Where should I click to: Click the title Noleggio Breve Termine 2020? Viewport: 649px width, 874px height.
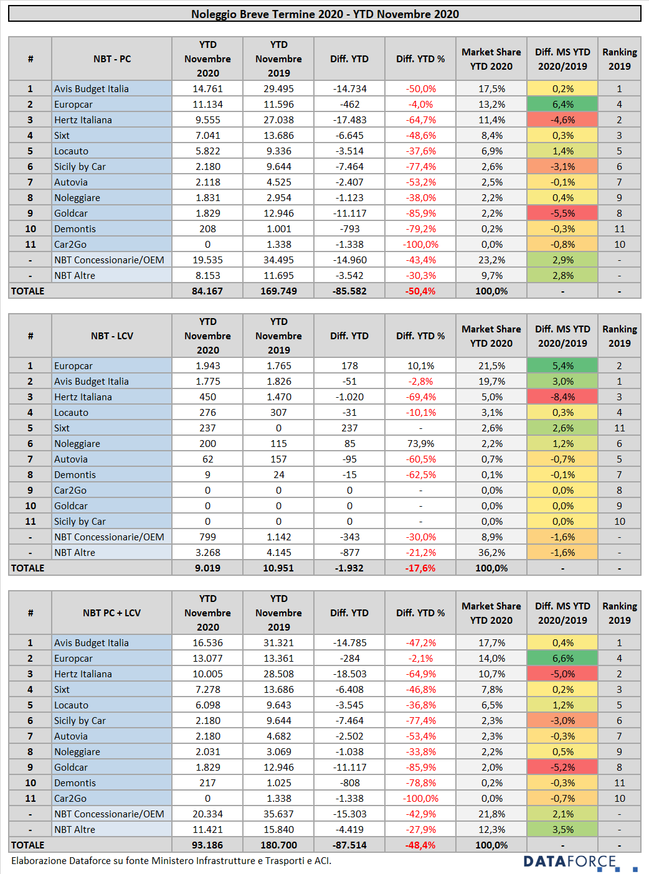(x=267, y=14)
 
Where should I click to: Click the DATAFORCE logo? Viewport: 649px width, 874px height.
(x=580, y=862)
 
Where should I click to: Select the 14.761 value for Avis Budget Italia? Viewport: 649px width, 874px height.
(x=207, y=88)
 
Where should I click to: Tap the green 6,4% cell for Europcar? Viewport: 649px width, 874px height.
(x=562, y=105)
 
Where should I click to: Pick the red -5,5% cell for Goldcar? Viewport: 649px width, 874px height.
(x=562, y=213)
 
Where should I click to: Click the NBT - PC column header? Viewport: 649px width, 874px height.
(x=112, y=59)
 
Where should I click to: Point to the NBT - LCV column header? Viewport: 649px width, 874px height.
(x=112, y=336)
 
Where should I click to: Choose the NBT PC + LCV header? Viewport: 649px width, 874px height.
(x=112, y=613)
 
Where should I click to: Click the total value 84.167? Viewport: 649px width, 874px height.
(x=207, y=291)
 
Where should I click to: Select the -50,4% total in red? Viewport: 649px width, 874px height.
(x=420, y=291)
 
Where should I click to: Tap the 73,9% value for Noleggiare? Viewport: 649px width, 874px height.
(x=420, y=444)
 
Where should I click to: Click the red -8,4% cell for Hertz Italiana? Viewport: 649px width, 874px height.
(x=562, y=397)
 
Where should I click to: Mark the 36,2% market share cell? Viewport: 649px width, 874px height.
(x=491, y=552)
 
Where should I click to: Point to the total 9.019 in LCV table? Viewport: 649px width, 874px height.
(x=207, y=568)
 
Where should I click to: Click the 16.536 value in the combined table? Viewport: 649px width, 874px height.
(x=207, y=642)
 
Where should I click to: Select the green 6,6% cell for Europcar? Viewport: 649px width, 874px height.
(x=562, y=659)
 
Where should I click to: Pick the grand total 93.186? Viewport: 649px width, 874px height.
(x=207, y=845)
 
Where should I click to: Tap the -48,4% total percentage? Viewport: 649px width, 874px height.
(x=420, y=845)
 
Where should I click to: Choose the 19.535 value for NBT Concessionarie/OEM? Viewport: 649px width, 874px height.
(x=207, y=260)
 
